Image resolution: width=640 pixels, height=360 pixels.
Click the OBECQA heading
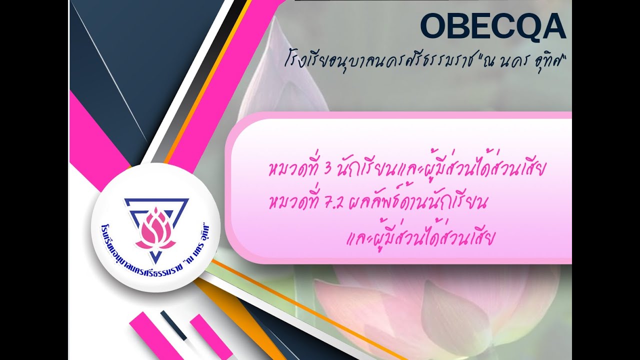492,26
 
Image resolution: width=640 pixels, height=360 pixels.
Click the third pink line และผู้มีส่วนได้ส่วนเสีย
420,237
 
